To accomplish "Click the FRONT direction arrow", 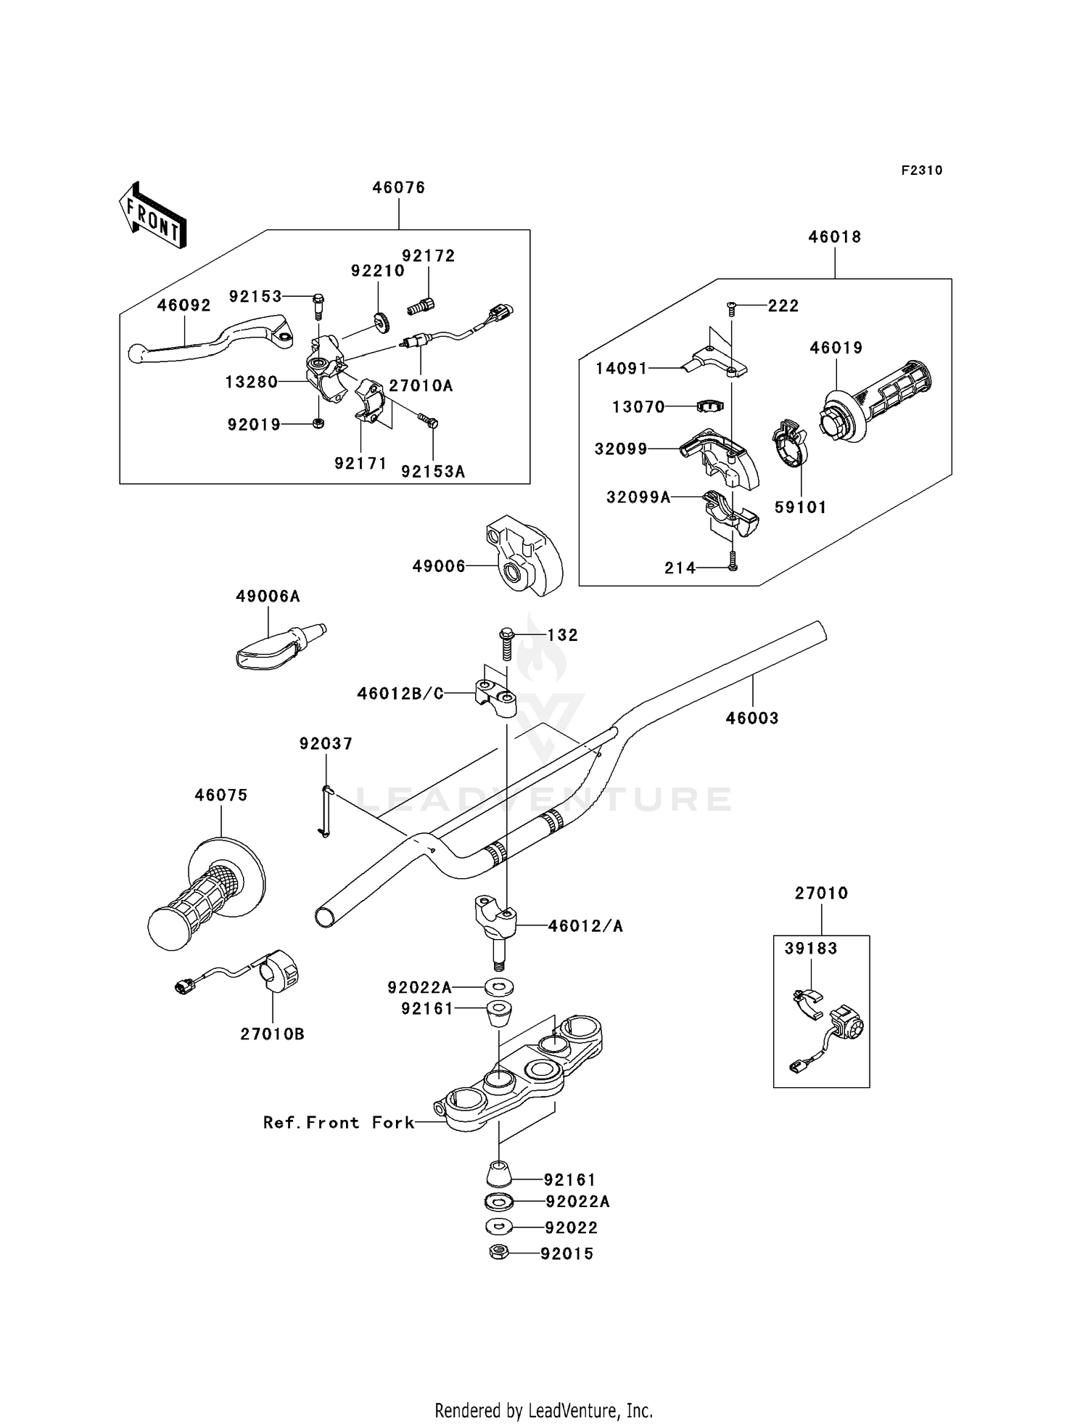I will [x=153, y=216].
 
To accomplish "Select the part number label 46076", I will [x=398, y=187].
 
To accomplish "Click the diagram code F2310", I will [x=921, y=171].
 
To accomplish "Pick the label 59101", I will [x=800, y=507].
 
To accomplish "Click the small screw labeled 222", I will [x=732, y=308].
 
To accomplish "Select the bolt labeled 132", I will [x=506, y=643].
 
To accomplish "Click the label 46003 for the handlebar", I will [x=751, y=718].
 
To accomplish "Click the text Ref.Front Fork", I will [x=338, y=1123].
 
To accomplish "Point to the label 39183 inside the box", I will [x=810, y=949].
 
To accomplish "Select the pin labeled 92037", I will [x=326, y=812].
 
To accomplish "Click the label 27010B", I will [x=272, y=1034].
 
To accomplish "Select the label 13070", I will [x=638, y=406].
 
